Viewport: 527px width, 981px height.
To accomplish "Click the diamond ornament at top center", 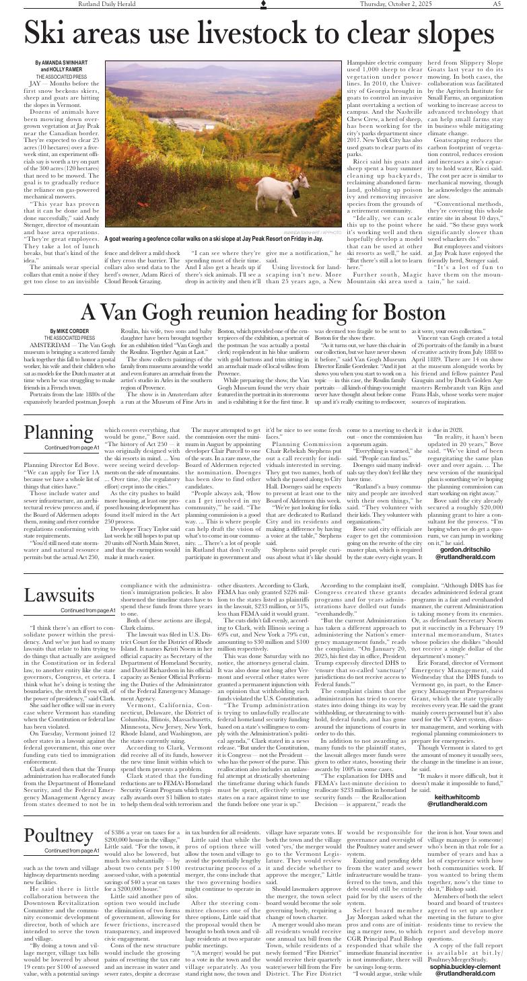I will click(263, 5).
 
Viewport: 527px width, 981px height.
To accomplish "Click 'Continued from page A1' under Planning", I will click(71, 429).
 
